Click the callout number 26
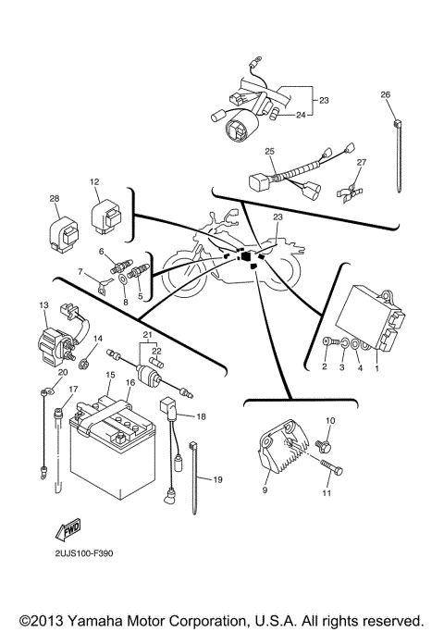click(385, 93)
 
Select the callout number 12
click(93, 181)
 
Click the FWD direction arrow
click(71, 531)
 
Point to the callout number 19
click(218, 479)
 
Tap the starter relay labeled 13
click(57, 335)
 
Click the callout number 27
click(362, 163)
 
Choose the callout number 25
click(269, 151)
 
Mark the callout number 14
click(97, 339)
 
